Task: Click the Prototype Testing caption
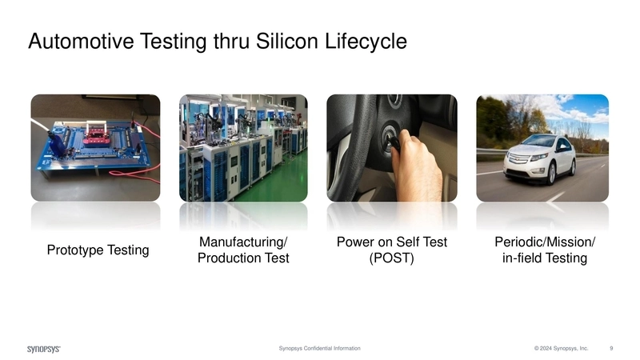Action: [x=98, y=250]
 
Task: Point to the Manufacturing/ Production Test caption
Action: [x=243, y=250]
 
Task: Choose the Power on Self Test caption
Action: [x=390, y=242]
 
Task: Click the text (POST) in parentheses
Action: [x=390, y=258]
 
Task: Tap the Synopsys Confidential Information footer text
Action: [x=319, y=349]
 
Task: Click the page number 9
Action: [x=611, y=349]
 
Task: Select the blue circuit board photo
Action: [x=95, y=148]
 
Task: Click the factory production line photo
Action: [x=243, y=148]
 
